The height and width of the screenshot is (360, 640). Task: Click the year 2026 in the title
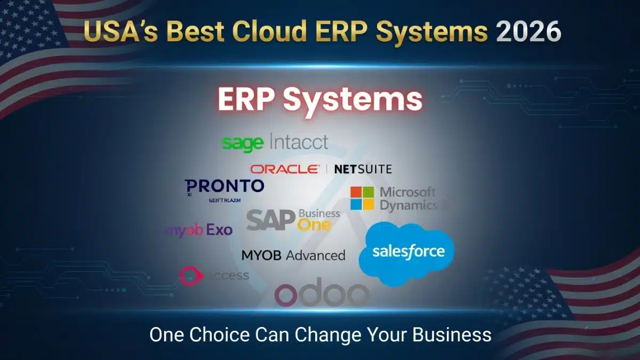pos(529,31)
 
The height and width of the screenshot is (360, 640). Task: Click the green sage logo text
pos(243,143)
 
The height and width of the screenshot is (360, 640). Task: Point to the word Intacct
pos(299,142)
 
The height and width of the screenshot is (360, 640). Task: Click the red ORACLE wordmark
pos(285,169)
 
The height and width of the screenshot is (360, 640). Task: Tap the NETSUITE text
pos(363,169)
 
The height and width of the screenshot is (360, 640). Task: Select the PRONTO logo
pos(225,186)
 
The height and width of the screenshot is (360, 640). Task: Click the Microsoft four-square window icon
pos(362,198)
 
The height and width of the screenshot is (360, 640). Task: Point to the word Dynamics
pos(409,205)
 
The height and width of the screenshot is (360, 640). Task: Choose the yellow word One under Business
pos(314,225)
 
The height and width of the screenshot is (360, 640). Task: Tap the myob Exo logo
pos(199,230)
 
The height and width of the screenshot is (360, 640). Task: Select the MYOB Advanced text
pos(293,255)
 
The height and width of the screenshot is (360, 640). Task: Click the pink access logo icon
pos(189,275)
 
